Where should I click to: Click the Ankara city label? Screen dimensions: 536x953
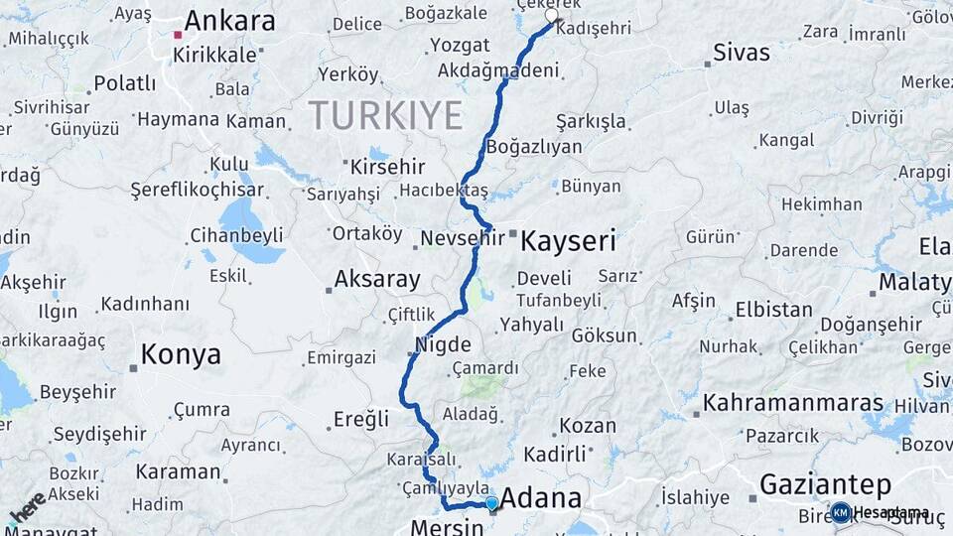(x=229, y=21)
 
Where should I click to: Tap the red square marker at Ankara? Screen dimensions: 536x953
(x=178, y=35)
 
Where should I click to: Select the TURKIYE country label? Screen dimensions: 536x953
(x=385, y=115)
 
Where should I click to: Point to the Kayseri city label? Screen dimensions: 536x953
(x=569, y=240)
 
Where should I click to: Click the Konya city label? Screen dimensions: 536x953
(x=181, y=353)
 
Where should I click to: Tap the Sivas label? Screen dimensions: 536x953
(x=743, y=53)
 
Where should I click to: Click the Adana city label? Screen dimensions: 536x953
(x=541, y=497)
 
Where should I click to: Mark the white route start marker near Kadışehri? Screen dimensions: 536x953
(x=552, y=16)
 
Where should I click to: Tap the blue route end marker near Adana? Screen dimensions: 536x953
(x=491, y=503)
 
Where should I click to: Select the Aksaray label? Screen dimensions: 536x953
(x=377, y=279)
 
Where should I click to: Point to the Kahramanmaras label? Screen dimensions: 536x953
(x=793, y=403)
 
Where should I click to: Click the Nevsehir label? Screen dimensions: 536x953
(x=463, y=238)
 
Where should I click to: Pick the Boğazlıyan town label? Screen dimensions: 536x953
(x=534, y=147)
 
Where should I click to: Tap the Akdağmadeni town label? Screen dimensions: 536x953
(x=496, y=70)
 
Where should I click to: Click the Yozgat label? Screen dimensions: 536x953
(x=460, y=46)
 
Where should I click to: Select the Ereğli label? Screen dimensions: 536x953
(x=361, y=419)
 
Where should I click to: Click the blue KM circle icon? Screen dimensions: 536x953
(x=840, y=512)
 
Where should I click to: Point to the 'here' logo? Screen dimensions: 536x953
(x=27, y=507)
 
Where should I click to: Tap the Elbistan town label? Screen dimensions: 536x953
(x=773, y=310)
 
